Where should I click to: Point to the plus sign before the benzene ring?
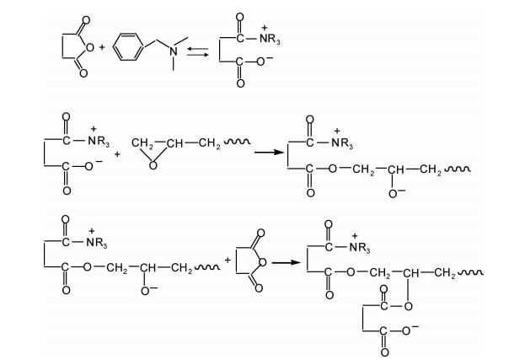pyautogui.click(x=102, y=48)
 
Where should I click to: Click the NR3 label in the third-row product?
pyautogui.click(x=363, y=246)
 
